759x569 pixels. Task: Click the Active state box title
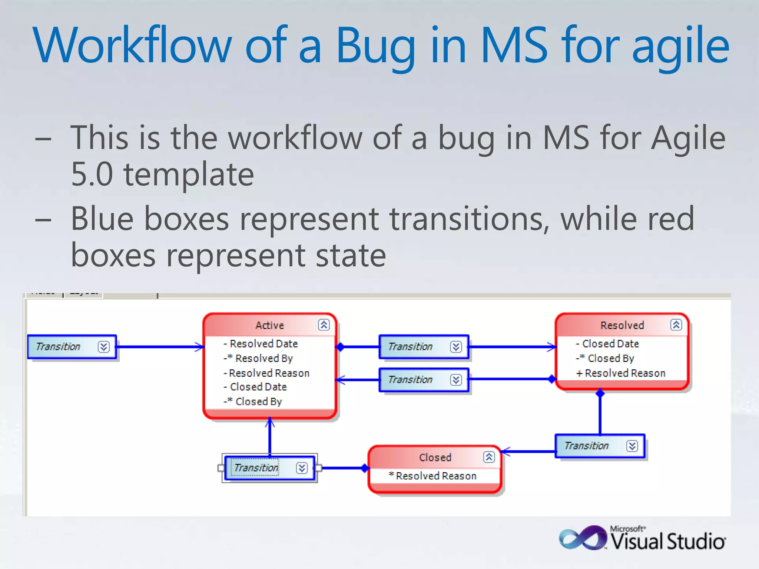click(269, 325)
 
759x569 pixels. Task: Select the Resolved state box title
click(622, 325)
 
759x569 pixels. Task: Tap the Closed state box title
click(435, 457)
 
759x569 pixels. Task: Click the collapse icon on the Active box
click(324, 325)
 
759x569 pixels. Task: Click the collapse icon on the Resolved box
click(676, 325)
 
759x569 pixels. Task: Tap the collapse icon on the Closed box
click(489, 457)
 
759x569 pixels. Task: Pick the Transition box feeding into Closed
click(587, 446)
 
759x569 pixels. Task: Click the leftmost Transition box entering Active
click(58, 347)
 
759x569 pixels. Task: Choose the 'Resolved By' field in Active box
click(264, 359)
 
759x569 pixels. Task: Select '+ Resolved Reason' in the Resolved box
click(621, 373)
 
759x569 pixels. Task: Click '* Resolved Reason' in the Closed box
click(433, 476)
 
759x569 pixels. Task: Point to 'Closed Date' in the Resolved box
click(610, 344)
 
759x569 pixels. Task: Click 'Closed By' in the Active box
click(259, 402)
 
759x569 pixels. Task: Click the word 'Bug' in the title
click(375, 46)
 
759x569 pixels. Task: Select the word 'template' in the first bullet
click(189, 174)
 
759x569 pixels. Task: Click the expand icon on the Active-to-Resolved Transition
click(456, 347)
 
